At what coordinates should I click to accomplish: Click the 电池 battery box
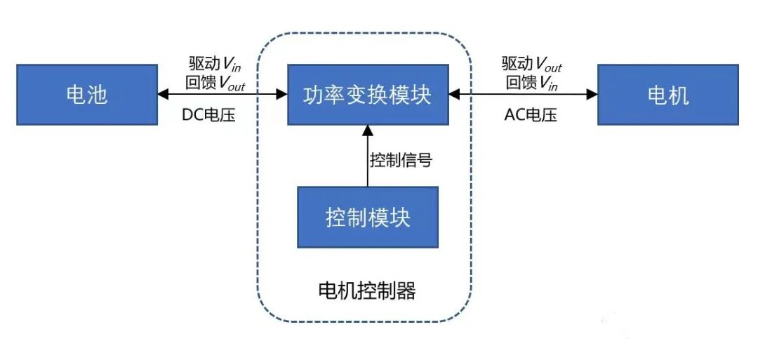(x=86, y=95)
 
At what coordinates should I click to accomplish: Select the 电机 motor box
(x=667, y=95)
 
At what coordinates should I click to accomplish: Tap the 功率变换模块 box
(x=367, y=95)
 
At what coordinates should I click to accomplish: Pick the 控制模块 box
(x=368, y=217)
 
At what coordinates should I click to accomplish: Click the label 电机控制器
(x=367, y=290)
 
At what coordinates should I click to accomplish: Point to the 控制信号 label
(x=401, y=160)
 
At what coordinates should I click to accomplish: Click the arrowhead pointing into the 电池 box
(x=163, y=93)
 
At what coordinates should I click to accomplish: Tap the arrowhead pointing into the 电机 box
(x=592, y=93)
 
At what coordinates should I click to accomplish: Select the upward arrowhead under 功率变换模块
(x=367, y=130)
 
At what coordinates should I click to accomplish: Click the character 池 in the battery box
(x=98, y=95)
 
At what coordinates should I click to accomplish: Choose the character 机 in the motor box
(x=679, y=95)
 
